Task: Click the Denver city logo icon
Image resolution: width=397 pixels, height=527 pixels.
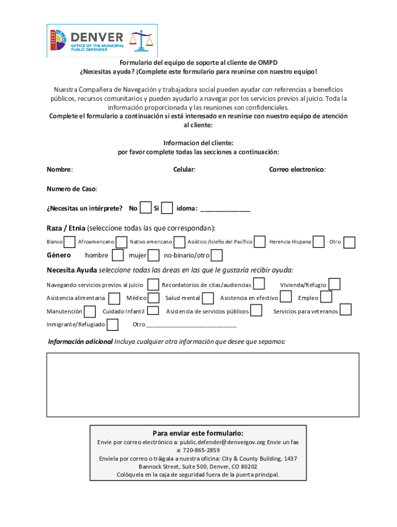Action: [59, 40]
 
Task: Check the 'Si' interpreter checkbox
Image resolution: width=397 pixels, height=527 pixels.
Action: [167, 208]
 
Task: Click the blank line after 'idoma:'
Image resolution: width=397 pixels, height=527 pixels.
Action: [225, 209]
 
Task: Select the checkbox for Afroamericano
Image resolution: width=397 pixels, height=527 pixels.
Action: [122, 242]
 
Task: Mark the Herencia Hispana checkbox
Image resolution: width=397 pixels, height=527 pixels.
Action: [319, 241]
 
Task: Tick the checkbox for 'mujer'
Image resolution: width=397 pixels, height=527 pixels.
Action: [154, 255]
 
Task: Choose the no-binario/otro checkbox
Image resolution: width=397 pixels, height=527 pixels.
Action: [217, 255]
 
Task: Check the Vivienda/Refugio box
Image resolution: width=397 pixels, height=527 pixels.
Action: [335, 284]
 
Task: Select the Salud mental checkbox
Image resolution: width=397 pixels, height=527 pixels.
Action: [208, 298]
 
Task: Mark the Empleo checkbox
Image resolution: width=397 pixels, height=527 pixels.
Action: [326, 297]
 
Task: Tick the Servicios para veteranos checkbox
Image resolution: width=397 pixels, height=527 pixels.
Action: [346, 310]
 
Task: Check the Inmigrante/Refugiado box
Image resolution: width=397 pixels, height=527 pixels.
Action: [112, 325]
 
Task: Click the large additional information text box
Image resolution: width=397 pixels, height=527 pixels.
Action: [203, 384]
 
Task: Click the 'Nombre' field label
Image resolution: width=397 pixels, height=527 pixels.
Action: [59, 169]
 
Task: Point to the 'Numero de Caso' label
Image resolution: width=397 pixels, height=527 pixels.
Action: [72, 189]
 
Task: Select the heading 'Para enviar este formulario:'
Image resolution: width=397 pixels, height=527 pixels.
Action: [198, 433]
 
